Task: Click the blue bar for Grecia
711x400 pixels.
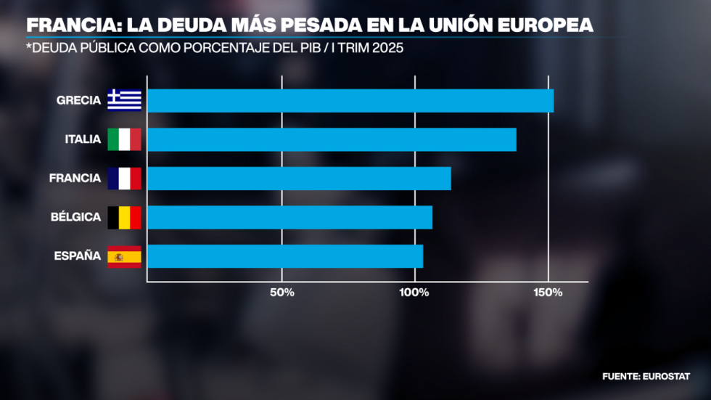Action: pyautogui.click(x=350, y=101)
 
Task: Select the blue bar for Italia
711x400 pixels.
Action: pyautogui.click(x=332, y=139)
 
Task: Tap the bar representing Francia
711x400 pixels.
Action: pyautogui.click(x=299, y=179)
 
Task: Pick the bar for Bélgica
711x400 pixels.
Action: pyautogui.click(x=289, y=217)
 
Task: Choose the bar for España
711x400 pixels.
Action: pyautogui.click(x=285, y=256)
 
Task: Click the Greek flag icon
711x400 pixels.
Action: pyautogui.click(x=124, y=100)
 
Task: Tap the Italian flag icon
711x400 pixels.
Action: pyautogui.click(x=124, y=139)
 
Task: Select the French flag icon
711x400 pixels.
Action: pyautogui.click(x=124, y=179)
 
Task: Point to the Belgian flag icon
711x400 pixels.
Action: pyautogui.click(x=124, y=217)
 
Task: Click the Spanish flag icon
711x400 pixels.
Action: pyautogui.click(x=124, y=256)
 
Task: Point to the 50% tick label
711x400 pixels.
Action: pyautogui.click(x=281, y=293)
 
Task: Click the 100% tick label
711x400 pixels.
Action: pyautogui.click(x=414, y=293)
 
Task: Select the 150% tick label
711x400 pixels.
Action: pyautogui.click(x=548, y=293)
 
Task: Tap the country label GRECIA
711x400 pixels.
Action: pyautogui.click(x=78, y=100)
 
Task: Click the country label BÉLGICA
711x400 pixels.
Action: pyautogui.click(x=75, y=217)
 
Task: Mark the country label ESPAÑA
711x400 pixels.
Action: pyautogui.click(x=77, y=256)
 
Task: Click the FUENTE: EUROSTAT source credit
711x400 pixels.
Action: pyautogui.click(x=646, y=376)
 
